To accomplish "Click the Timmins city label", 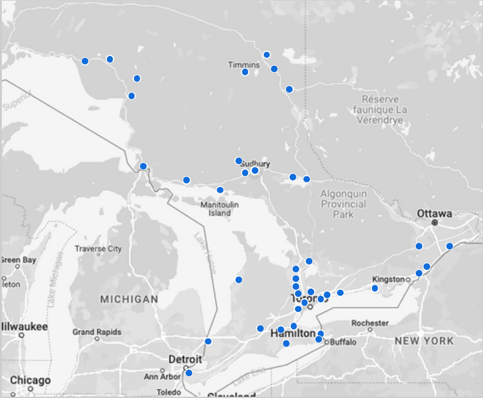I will tap(244, 64).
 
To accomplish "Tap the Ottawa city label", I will tap(434, 214).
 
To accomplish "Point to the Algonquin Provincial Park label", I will tap(344, 204).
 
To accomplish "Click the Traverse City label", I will tap(98, 249).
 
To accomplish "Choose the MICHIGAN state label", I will tap(129, 299).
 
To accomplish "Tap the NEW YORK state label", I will tap(424, 341).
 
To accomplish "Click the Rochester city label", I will tap(369, 323).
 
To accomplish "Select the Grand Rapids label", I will tap(97, 332).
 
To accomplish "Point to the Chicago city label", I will tap(30, 380).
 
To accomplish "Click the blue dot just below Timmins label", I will tap(245, 72).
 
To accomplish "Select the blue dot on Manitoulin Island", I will tap(220, 190).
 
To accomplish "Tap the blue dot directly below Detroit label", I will tap(189, 373).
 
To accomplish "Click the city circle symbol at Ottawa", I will tap(434, 223).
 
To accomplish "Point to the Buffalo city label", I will tap(342, 342).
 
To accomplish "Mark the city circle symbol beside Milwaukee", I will tap(21, 335).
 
